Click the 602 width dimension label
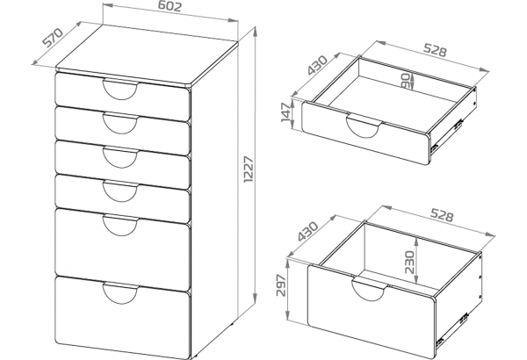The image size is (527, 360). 170,6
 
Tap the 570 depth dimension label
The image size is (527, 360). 53,37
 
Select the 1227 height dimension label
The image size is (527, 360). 249,169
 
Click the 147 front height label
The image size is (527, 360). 286,112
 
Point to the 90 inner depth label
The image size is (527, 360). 406,82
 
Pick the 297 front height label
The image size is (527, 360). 281,285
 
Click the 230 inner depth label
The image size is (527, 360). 409,262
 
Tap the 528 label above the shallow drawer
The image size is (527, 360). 435,49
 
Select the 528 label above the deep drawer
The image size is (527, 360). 442,215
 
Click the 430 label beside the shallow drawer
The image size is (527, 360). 316,65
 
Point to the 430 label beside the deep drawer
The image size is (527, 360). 307,231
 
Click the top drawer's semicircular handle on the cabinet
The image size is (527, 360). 120,89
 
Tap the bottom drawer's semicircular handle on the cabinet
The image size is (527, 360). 120,293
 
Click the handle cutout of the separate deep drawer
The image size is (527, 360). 370,288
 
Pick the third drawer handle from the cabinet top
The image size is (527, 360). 120,157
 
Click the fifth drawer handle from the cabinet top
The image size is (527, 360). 120,225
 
